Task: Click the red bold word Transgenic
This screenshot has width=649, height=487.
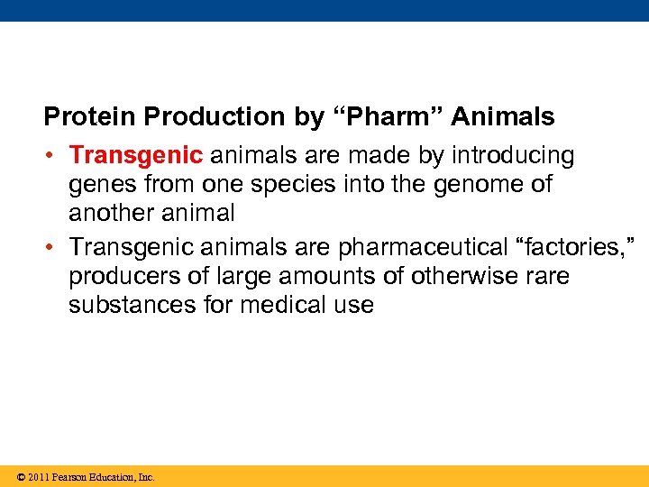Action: coord(136,156)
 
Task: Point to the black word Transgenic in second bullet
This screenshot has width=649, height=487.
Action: coord(136,245)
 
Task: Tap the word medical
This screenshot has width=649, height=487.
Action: coord(284,305)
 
